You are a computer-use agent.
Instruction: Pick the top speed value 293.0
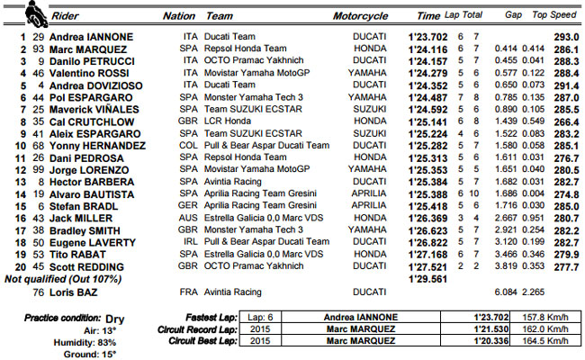564,37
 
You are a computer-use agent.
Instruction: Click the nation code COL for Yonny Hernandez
187,144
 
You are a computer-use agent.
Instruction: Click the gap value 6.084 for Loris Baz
508,292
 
